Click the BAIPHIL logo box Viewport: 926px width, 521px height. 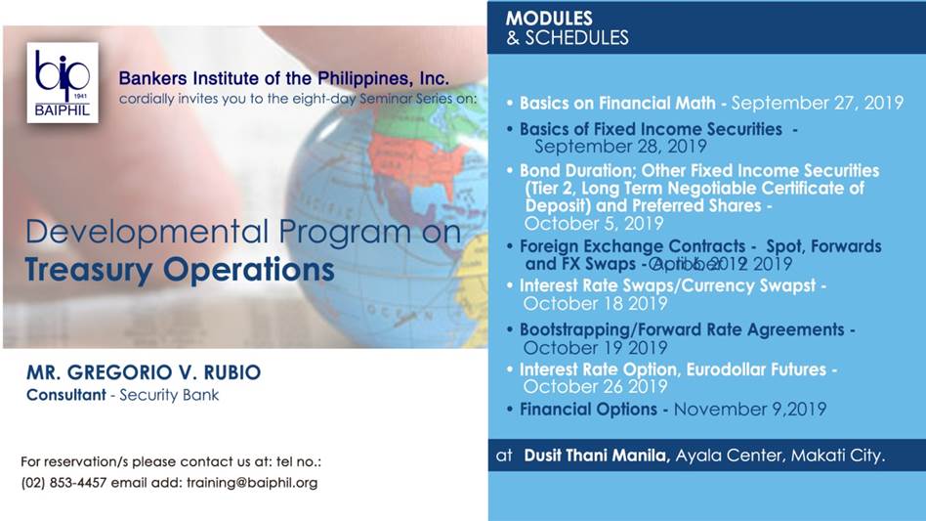click(63, 82)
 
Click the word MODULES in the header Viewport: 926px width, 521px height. click(549, 19)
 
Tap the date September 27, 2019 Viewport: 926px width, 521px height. click(817, 103)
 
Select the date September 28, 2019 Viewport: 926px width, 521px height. click(620, 147)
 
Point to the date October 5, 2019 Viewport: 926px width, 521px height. click(580, 223)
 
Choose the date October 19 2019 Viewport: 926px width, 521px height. click(596, 347)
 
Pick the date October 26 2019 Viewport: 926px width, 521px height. click(596, 386)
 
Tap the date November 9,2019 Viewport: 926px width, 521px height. click(749, 409)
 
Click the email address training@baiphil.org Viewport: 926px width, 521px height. click(252, 483)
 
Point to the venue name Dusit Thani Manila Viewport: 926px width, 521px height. click(596, 455)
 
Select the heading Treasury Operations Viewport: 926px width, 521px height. click(180, 270)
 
